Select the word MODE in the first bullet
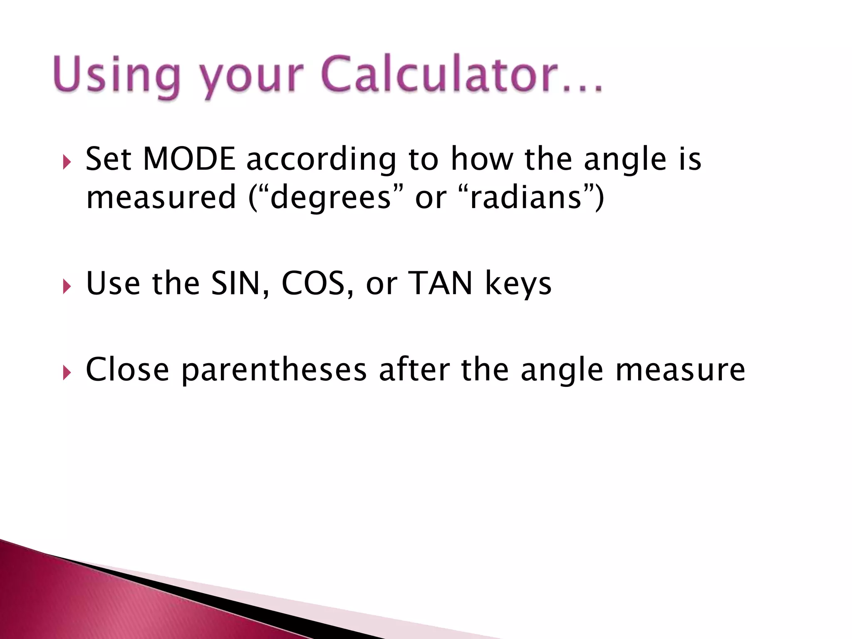pyautogui.click(x=189, y=159)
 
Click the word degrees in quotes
pyautogui.click(x=331, y=197)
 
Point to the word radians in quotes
pyautogui.click(x=526, y=197)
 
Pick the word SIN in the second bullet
pyautogui.click(x=235, y=284)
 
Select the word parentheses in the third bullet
pyautogui.click(x=274, y=370)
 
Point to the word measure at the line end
pyautogui.click(x=680, y=370)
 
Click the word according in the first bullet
pyautogui.click(x=322, y=160)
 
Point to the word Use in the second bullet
pyautogui.click(x=113, y=284)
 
